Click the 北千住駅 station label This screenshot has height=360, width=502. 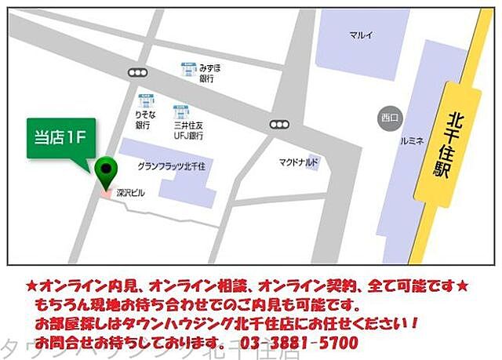tap(442, 145)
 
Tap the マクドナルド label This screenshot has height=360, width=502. tap(298, 162)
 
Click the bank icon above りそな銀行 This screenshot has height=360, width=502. tap(144, 100)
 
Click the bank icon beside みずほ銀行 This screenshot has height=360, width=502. tap(188, 69)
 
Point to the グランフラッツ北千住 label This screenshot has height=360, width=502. tap(169, 166)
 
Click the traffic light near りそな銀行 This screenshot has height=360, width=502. tap(139, 72)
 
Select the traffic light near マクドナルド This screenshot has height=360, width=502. tap(278, 124)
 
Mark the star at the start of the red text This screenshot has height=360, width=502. tap(31, 284)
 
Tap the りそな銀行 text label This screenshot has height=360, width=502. tap(143, 119)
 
